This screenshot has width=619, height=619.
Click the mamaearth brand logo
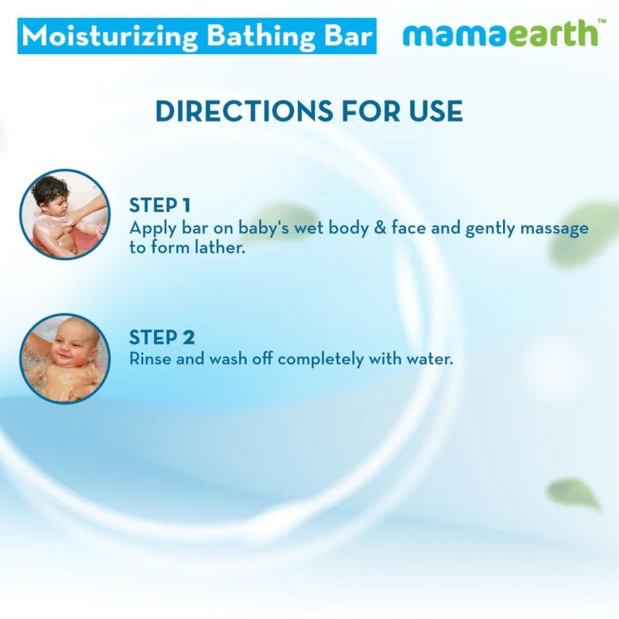point(499,34)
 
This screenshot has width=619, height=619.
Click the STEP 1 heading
point(159,205)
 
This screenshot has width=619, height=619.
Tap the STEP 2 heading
point(162,337)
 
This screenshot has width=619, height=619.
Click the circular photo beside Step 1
point(64,214)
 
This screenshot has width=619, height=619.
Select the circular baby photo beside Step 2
point(64,358)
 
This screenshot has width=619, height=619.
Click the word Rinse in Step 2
point(150,360)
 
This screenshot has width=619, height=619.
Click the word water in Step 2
point(429,360)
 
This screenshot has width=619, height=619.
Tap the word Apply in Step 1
point(150,230)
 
